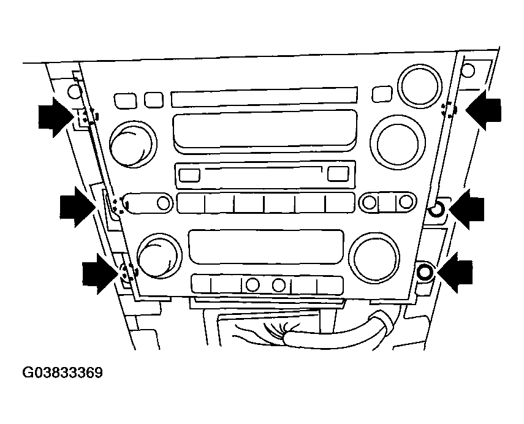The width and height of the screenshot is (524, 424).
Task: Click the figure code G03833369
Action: (x=62, y=373)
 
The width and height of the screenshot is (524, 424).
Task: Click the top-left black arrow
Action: (x=56, y=117)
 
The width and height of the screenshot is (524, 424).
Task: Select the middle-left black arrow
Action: (x=78, y=207)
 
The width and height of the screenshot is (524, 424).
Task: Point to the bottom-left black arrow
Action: (x=101, y=274)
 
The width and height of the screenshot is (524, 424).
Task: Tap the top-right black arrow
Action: (x=483, y=110)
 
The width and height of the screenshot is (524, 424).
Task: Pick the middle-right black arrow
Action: (x=466, y=209)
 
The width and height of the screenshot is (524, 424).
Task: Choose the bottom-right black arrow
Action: (x=455, y=273)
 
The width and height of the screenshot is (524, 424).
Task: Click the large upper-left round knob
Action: (x=133, y=145)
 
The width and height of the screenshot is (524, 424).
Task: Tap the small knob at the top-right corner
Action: (x=420, y=85)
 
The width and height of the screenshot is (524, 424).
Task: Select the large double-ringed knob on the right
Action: (x=397, y=143)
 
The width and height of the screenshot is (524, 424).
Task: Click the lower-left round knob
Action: (x=159, y=256)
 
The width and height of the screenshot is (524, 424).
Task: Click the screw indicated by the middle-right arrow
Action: (x=436, y=210)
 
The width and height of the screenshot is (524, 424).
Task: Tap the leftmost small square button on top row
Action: (x=125, y=101)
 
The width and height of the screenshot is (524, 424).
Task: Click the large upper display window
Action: (x=265, y=132)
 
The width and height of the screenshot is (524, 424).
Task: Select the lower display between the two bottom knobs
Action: (x=266, y=246)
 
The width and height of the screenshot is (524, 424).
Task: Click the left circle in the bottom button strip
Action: (x=253, y=285)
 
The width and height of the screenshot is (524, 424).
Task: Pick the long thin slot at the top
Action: (x=264, y=97)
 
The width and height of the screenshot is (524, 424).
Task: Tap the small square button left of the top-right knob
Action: (x=382, y=94)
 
